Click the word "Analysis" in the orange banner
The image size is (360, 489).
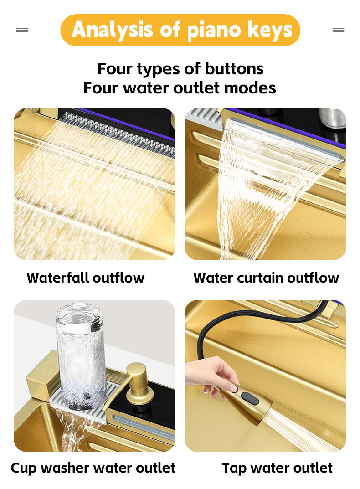point(112,30)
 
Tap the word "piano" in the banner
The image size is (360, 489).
point(214,31)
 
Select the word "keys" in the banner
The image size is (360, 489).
point(269,30)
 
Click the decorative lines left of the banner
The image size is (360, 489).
point(22,30)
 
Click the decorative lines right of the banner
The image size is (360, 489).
point(339,30)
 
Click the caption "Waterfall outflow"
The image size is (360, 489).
point(86,278)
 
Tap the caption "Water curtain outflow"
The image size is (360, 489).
point(266,278)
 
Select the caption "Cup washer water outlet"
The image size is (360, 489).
point(93,468)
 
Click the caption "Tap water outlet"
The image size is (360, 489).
point(277,468)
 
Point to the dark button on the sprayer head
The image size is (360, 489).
point(250,398)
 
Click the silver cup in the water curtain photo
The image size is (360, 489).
point(333,118)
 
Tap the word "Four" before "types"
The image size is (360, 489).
point(115,69)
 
